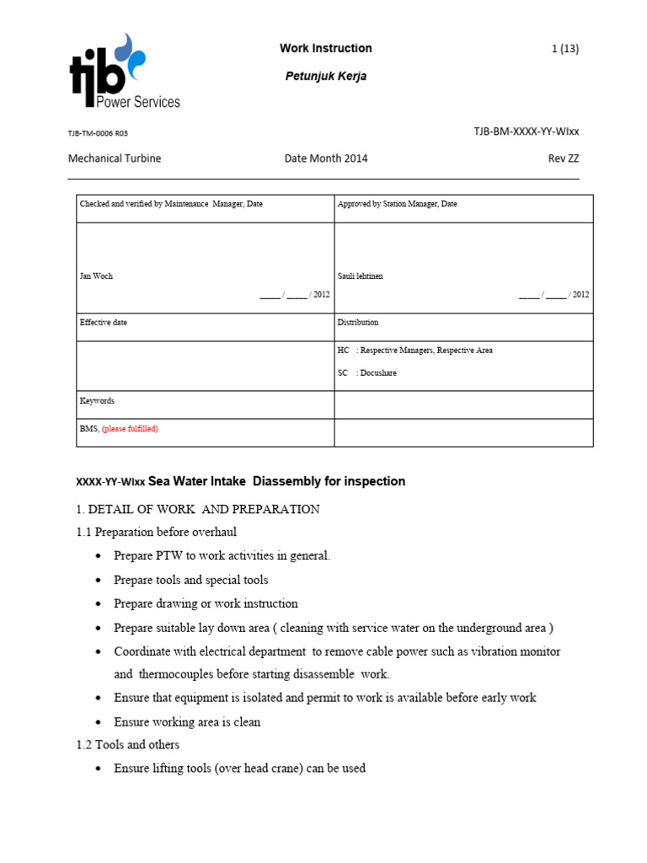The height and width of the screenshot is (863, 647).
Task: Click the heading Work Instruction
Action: point(325,48)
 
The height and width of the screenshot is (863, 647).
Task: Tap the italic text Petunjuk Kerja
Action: point(326,76)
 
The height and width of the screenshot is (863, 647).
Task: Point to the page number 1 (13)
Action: point(564,49)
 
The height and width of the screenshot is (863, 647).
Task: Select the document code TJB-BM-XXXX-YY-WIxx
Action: point(527,131)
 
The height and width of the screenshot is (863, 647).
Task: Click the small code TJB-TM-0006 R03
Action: point(98,133)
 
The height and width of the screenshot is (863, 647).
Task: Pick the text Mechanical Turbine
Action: point(115,158)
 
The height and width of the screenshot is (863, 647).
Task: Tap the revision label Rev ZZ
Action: point(563,158)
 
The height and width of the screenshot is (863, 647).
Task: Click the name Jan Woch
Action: point(96,276)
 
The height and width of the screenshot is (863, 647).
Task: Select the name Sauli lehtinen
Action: point(360,276)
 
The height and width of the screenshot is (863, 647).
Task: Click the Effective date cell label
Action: point(104,322)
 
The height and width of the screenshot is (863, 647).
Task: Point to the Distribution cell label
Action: point(358,322)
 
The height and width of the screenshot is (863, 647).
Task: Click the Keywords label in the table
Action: point(97,401)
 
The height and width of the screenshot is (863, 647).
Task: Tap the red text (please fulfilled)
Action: point(130,429)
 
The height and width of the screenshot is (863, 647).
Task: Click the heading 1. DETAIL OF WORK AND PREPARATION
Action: point(198,509)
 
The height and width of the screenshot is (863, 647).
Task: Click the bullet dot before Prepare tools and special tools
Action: point(100,581)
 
